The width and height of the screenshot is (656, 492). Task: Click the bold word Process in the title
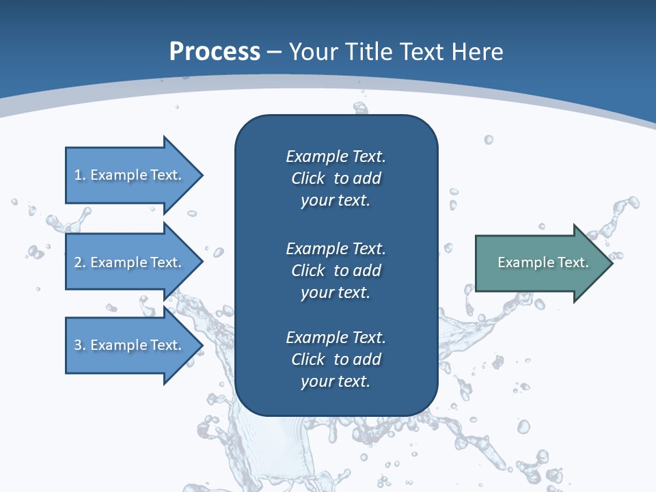(x=215, y=52)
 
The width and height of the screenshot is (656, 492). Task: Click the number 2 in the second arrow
(x=78, y=262)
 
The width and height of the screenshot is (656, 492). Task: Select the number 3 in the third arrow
(x=78, y=345)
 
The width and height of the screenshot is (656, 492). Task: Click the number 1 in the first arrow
(x=78, y=175)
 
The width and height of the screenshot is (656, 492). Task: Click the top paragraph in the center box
(x=336, y=178)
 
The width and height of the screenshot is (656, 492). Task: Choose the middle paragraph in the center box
(x=336, y=270)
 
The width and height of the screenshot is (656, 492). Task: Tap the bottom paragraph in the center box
(x=336, y=359)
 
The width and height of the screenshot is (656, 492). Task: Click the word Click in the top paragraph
(x=307, y=178)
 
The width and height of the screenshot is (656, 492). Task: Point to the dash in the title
(x=274, y=53)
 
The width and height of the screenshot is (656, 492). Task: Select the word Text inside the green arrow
(x=572, y=262)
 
